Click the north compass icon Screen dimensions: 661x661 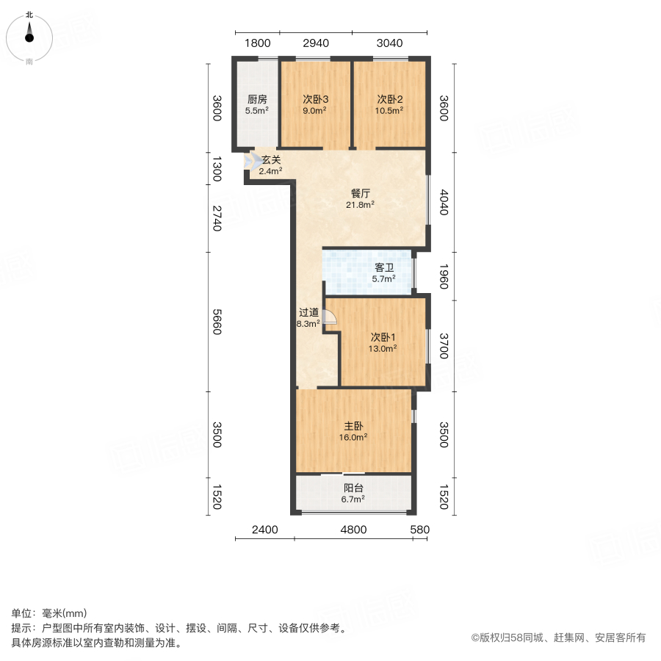pyautogui.click(x=29, y=35)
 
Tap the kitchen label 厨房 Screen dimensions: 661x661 pyautogui.click(x=256, y=99)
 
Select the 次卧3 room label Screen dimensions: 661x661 pyautogui.click(x=315, y=99)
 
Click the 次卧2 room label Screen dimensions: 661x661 pyautogui.click(x=390, y=99)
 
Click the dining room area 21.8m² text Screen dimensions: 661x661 pyautogui.click(x=361, y=205)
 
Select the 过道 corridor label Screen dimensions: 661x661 pyautogui.click(x=308, y=312)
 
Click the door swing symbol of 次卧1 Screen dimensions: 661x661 pyautogui.click(x=330, y=317)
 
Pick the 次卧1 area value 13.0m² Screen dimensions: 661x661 pyautogui.click(x=383, y=349)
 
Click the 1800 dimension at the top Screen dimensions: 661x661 pyautogui.click(x=258, y=43)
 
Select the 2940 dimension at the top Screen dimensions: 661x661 pyautogui.click(x=315, y=43)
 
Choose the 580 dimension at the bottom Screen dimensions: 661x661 pyautogui.click(x=419, y=530)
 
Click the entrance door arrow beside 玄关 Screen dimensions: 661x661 pyautogui.click(x=248, y=161)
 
